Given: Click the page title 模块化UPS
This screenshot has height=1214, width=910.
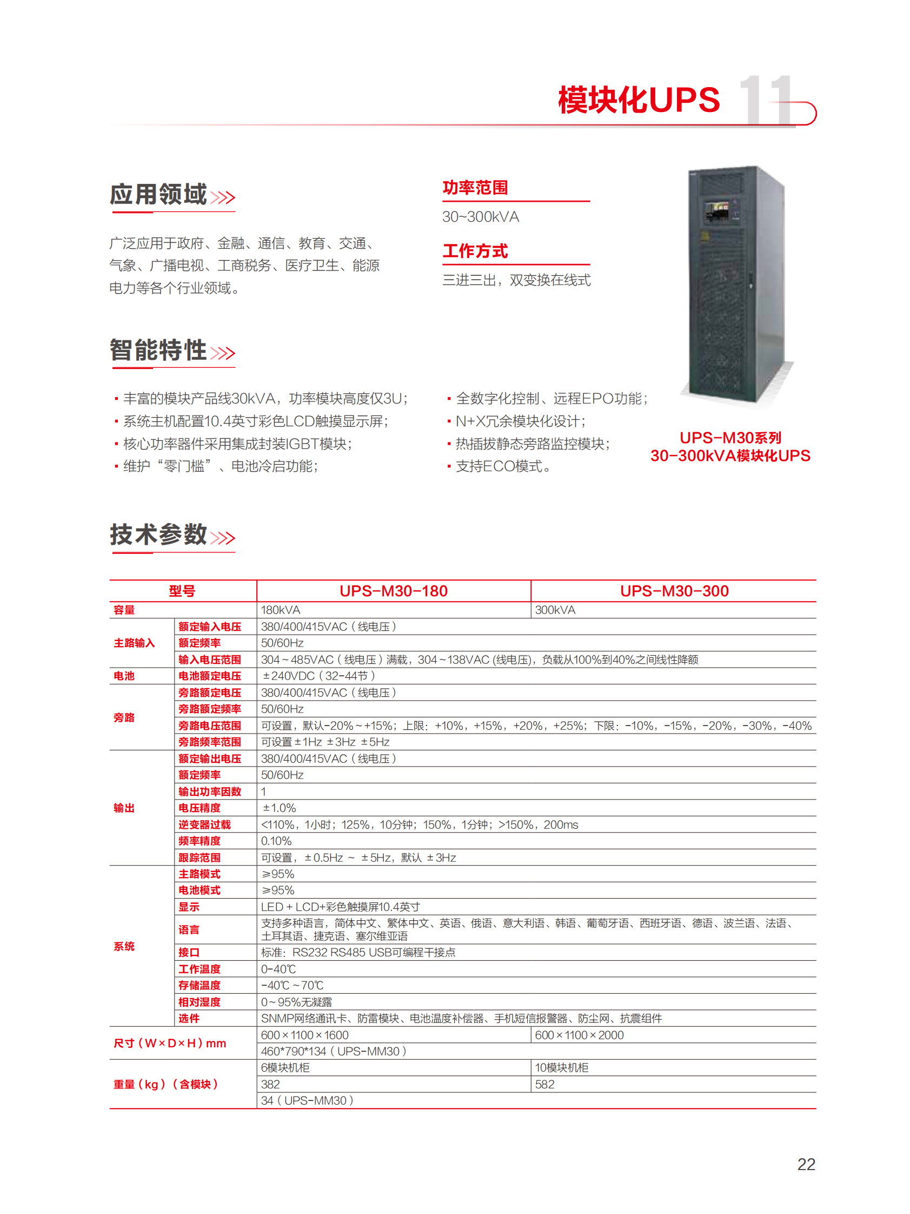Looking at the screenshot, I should pos(639,100).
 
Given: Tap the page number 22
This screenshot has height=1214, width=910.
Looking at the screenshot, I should pos(806,1164).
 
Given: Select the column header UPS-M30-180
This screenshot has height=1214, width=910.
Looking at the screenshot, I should pos(393,591).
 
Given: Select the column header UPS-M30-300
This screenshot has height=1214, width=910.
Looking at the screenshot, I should pos(674,591).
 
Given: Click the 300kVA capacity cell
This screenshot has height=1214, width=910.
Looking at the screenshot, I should pos(555,610).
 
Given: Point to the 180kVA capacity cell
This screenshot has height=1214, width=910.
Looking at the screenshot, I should pos(280,610).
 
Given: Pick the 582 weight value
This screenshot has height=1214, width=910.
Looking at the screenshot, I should pos(544,1084).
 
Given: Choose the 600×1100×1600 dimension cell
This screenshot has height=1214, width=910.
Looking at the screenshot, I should pos(304,1035).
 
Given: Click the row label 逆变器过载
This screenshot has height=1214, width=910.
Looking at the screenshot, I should pos(204,824).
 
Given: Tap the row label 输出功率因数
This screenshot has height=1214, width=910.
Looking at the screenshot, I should pos(210,791).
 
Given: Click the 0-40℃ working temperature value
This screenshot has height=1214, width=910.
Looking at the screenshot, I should pos(278,969).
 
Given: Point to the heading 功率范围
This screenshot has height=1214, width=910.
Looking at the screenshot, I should pos(475,188).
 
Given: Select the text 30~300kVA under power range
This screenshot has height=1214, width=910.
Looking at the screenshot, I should pos(481,217).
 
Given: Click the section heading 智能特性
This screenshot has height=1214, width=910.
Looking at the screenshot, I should pos(158,350).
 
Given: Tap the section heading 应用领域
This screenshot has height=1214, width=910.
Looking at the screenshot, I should pos(158,195).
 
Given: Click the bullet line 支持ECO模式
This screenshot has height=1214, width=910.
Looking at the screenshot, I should pos(503,466).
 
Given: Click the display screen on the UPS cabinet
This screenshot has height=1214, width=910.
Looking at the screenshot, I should pos(716,212).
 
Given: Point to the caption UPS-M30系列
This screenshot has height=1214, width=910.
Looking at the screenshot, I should pos(730,438).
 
